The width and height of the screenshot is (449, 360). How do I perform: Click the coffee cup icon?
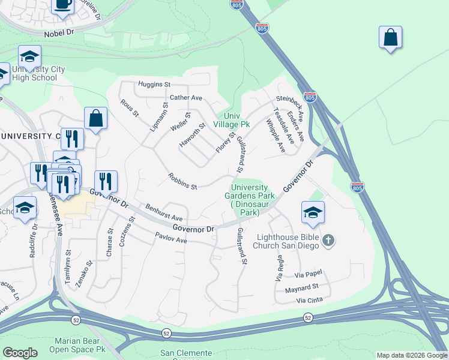(62, 5)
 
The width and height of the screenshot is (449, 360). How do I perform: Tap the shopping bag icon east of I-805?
(390, 37)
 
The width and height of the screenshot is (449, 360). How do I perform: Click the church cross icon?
(328, 241)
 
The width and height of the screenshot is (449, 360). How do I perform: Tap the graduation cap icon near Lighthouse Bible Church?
(313, 212)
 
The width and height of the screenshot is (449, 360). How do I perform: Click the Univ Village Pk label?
(236, 120)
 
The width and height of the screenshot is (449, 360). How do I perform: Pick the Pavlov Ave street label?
(171, 239)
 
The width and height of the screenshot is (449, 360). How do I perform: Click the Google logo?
(19, 353)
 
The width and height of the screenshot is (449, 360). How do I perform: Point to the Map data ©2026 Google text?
(412, 355)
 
